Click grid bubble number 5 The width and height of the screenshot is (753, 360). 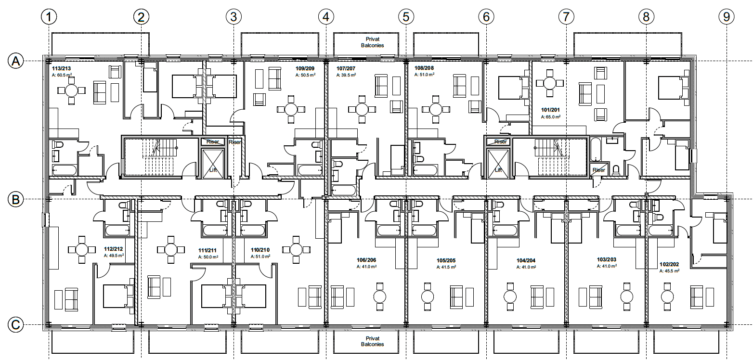406,16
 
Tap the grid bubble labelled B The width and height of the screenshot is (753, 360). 15,200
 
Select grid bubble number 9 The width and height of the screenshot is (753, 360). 727,16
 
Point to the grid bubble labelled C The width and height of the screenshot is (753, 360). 15,325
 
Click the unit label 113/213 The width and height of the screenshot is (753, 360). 62,68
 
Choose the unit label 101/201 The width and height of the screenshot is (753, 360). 550,110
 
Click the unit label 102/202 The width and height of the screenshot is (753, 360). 669,264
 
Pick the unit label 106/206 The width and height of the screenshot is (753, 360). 366,260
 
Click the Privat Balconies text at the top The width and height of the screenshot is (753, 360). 373,42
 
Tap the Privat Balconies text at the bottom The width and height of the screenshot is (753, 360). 373,341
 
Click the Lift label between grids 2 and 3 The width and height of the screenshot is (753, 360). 213,170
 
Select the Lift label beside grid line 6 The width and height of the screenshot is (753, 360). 498,170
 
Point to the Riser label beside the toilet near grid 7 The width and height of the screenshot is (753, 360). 599,170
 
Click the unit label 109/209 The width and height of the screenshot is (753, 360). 305,68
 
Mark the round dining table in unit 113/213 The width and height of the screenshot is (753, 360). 71,90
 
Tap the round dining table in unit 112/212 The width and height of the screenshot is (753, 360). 82,249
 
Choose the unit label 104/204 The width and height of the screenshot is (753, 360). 526,260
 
